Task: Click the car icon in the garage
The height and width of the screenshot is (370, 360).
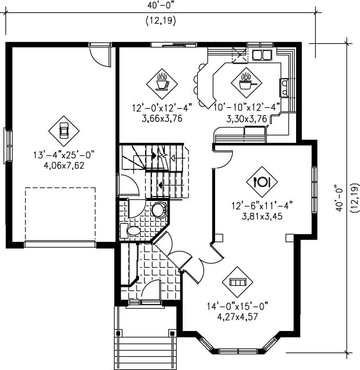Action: [64, 130]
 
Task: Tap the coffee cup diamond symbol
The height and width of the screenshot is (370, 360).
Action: [162, 83]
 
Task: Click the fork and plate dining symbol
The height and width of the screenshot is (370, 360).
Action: [261, 182]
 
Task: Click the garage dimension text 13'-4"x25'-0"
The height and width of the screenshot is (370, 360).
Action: [63, 155]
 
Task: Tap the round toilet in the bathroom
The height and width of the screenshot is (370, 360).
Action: [158, 210]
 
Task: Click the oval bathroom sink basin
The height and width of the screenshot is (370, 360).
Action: [134, 231]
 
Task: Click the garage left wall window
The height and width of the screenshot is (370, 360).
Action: [7, 145]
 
